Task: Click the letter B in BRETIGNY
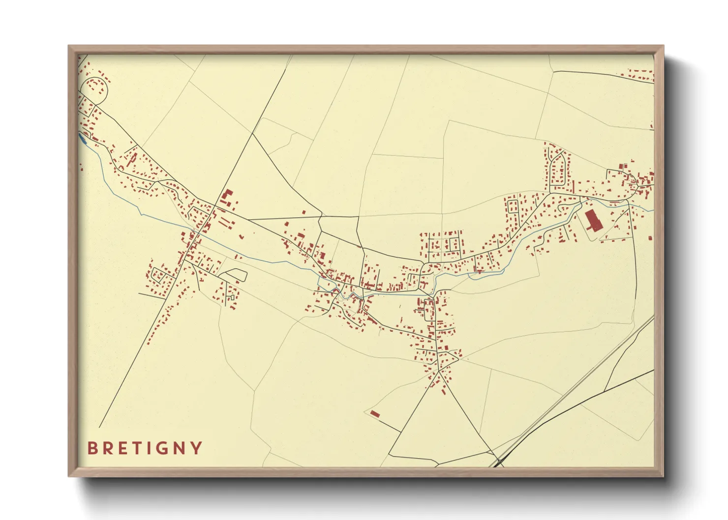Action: (x=92, y=448)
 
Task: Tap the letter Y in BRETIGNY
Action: (x=197, y=448)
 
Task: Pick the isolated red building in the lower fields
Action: (x=375, y=414)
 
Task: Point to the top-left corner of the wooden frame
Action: (x=69, y=47)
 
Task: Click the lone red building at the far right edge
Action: (x=650, y=238)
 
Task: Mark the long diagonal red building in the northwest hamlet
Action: (x=131, y=159)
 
